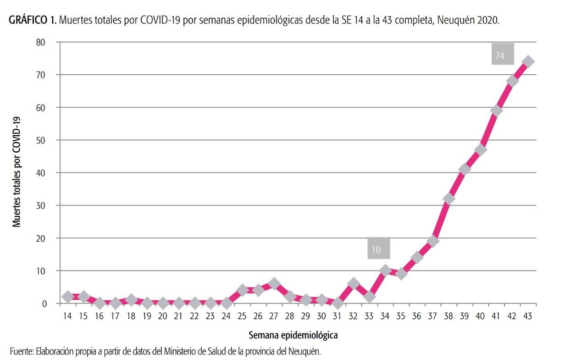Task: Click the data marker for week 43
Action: [528, 61]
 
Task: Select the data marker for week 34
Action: [385, 271]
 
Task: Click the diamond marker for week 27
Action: [274, 284]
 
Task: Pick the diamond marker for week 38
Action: [449, 199]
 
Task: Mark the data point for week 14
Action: [68, 297]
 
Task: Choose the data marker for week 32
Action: [353, 284]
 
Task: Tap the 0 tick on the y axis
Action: [44, 304]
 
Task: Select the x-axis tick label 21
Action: [178, 316]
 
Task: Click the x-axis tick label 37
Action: [432, 316]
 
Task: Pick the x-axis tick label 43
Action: [527, 316]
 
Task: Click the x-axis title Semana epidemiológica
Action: [293, 335]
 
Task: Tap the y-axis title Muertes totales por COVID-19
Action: [17, 172]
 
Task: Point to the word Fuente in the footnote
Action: [21, 351]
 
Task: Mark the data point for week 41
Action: [496, 111]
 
